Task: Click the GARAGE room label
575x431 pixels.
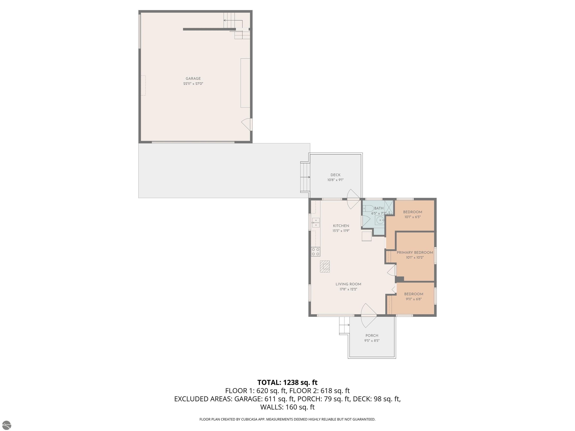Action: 193,78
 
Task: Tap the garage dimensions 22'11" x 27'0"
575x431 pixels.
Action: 193,84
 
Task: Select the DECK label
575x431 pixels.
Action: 336,175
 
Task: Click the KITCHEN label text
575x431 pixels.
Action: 341,226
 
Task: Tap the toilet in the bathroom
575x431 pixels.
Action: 368,208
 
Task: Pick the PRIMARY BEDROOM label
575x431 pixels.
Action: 415,253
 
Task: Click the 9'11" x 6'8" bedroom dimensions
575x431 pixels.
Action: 414,299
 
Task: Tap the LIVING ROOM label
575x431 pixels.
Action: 348,284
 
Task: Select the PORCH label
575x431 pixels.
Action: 372,335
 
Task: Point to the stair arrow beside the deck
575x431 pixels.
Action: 305,177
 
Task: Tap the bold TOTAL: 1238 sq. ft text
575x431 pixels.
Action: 287,382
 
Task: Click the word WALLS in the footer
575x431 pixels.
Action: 272,407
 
